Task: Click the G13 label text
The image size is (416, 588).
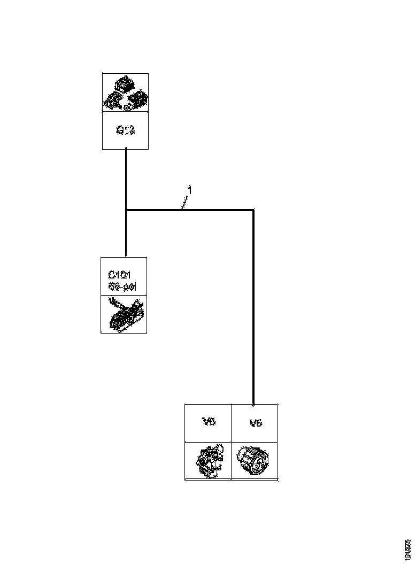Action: [x=125, y=130]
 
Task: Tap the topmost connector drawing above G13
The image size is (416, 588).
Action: [x=125, y=84]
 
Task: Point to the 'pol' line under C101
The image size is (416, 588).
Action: [x=122, y=287]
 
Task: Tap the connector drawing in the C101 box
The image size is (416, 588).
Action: [x=124, y=314]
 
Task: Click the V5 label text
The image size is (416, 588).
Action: [x=209, y=422]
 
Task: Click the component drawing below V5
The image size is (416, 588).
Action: [x=209, y=461]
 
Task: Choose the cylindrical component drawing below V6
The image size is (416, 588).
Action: [x=254, y=461]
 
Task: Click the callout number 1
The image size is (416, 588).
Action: [x=189, y=189]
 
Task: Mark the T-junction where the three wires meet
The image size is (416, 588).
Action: [x=126, y=210]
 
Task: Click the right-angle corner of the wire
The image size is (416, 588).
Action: [x=253, y=210]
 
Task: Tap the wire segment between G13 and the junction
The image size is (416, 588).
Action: [x=126, y=179]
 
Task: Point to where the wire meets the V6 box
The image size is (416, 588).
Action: [x=253, y=404]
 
